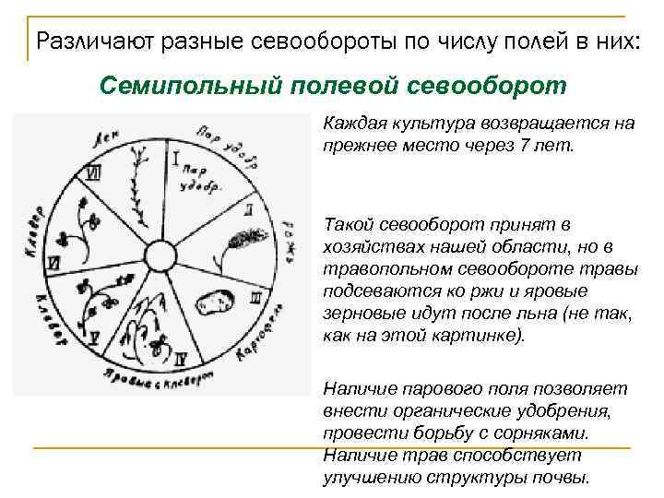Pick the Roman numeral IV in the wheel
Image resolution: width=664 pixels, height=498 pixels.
[x=183, y=355]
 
